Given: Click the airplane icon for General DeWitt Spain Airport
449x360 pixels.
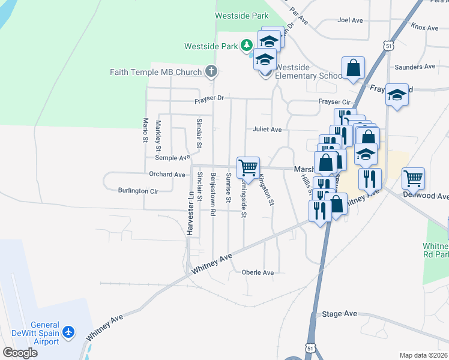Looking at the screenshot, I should point(69,332).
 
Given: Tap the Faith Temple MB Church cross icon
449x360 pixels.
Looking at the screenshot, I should point(210,72).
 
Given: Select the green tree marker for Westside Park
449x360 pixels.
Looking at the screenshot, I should point(246,45).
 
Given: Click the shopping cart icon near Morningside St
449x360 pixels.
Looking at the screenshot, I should point(248,166).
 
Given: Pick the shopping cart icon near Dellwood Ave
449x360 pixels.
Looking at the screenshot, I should point(413,177).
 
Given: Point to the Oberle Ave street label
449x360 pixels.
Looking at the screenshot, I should point(258,272).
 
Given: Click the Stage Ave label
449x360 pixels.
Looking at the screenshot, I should point(339,314).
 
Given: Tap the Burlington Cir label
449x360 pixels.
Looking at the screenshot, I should point(138,191).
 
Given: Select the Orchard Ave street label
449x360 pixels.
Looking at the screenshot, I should point(167,175).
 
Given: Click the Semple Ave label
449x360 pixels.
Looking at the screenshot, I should point(172,158).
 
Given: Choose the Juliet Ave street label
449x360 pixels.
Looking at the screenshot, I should point(267,129).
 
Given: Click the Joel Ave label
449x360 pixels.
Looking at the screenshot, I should point(351,20).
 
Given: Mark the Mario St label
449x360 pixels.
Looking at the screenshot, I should point(145,130).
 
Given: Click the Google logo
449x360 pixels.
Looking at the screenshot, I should point(20,352).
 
